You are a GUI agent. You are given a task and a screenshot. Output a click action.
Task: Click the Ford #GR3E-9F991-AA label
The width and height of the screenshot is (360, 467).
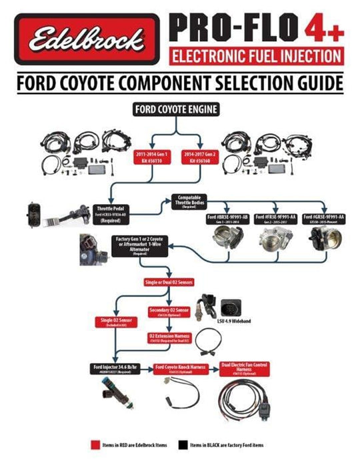(326, 219)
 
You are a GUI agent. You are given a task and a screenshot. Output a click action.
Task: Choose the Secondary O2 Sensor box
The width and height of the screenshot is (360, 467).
(169, 312)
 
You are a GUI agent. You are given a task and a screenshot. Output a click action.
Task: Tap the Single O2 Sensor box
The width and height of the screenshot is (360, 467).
(116, 323)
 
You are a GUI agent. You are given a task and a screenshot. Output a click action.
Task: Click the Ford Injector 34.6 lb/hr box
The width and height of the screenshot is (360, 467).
(116, 370)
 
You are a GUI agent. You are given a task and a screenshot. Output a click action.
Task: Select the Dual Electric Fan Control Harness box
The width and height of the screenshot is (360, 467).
(247, 366)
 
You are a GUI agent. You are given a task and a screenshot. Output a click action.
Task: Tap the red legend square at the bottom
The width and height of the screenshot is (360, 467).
(97, 444)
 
